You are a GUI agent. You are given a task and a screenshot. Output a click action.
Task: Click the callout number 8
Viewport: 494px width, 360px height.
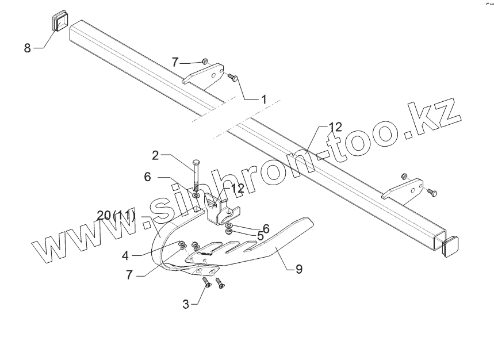tap(27, 48)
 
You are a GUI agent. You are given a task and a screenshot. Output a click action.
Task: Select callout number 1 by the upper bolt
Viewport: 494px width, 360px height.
tap(263, 99)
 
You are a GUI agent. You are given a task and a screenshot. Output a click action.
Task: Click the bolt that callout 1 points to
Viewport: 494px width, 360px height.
tap(233, 77)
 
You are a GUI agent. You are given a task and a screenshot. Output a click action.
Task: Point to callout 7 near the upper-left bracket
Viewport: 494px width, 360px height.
tap(175, 62)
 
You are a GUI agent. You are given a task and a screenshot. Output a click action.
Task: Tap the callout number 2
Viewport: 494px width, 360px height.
tap(155, 155)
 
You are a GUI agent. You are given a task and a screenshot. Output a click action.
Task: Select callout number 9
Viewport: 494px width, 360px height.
tap(298, 269)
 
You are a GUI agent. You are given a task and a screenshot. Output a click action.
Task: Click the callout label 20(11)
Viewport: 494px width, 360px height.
tap(116, 216)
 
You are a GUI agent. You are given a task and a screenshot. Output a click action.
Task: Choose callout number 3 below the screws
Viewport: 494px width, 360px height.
tap(186, 304)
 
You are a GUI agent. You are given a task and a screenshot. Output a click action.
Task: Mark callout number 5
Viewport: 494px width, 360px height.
tap(260, 236)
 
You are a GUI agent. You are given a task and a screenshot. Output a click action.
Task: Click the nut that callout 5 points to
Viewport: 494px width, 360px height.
tap(228, 231)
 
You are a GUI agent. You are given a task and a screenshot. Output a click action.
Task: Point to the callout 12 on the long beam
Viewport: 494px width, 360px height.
tap(335, 127)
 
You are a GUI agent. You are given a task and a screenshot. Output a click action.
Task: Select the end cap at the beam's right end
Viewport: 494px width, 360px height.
tap(451, 246)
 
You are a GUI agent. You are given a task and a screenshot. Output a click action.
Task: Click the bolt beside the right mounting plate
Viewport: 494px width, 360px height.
tap(432, 193)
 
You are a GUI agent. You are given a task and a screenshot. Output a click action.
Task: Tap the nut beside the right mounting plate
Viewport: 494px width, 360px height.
tap(404, 175)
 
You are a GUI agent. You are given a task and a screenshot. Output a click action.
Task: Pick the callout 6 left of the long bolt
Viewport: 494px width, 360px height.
tap(147, 178)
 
